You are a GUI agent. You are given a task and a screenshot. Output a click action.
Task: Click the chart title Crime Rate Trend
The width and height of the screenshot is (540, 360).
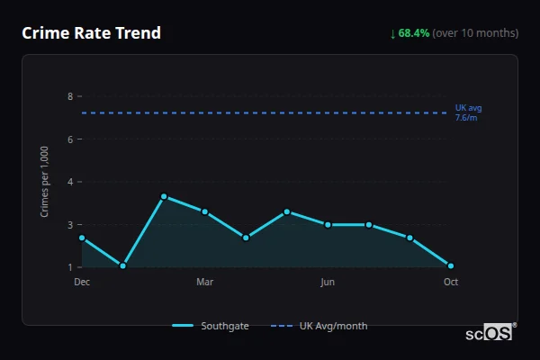[x=91, y=33]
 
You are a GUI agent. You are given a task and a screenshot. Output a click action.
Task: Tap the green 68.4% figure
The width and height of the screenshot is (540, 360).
[x=414, y=33]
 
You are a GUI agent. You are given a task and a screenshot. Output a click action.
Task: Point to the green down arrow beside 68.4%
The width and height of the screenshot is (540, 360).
[x=393, y=33]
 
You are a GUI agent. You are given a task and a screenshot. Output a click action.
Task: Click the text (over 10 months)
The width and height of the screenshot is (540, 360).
[x=475, y=33]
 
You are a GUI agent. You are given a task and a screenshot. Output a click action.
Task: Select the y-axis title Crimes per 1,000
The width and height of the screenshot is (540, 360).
[x=45, y=181]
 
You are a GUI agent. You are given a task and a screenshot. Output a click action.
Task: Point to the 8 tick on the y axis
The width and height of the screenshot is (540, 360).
[x=70, y=96]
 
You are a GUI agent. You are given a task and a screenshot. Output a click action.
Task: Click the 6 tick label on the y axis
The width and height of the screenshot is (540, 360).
[x=70, y=139]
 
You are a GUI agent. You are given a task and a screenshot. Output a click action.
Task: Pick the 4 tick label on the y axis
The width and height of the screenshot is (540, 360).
[x=70, y=182]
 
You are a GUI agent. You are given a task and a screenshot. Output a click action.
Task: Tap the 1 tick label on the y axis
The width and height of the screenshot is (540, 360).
[x=70, y=267]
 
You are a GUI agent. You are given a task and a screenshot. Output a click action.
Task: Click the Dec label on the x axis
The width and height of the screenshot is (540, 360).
[x=82, y=282]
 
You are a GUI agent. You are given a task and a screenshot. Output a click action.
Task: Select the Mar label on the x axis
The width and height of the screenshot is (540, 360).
[x=204, y=282]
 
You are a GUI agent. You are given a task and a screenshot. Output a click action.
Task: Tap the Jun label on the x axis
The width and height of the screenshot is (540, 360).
[x=328, y=282]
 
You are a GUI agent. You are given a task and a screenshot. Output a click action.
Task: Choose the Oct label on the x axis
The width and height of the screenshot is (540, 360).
[x=451, y=282]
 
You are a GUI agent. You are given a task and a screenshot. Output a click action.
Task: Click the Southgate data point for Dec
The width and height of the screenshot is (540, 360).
[x=82, y=238]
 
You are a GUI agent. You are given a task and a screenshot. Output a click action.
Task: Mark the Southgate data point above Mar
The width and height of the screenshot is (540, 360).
[x=205, y=211]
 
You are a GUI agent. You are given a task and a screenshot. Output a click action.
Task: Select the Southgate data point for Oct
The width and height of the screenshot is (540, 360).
[x=451, y=265]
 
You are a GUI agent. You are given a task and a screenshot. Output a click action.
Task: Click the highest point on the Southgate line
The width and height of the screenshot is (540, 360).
[x=164, y=196]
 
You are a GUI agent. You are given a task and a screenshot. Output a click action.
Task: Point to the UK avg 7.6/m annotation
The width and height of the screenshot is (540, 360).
[x=468, y=112]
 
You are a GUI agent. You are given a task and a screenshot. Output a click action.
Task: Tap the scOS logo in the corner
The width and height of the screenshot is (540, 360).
[x=490, y=332]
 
